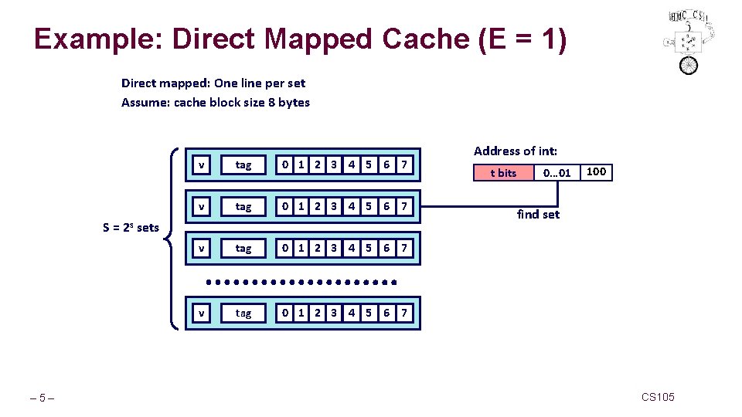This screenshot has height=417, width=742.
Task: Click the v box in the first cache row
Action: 201,164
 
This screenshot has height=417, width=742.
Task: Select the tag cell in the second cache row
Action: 243,206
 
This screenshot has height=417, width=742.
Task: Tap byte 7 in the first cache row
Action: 403,164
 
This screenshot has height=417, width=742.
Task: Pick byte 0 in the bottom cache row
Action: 286,313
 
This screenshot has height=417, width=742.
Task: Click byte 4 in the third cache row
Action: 352,248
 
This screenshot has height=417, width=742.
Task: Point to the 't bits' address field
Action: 504,173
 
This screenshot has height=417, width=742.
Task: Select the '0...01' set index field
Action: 556,173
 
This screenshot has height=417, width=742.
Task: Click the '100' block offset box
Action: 596,171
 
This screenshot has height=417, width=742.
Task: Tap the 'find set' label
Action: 538,214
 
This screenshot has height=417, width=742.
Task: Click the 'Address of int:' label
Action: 516,151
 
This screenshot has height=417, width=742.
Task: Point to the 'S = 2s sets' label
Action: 131,227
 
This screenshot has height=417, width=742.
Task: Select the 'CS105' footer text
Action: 658,397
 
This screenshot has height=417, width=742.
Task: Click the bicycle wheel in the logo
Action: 689,65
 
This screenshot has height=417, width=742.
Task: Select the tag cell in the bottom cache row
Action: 243,313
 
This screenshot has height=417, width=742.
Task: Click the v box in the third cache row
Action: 201,248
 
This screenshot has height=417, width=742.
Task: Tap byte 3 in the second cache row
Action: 334,206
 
